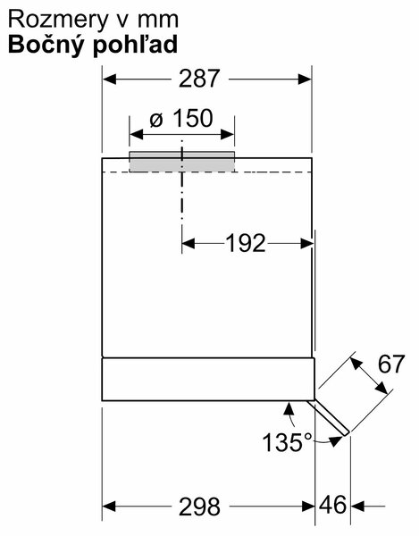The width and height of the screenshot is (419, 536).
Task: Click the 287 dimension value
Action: pyautogui.click(x=198, y=79)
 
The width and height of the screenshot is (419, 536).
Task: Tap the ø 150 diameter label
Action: pyautogui.click(x=181, y=119)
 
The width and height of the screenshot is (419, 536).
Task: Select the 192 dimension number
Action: pyautogui.click(x=246, y=243)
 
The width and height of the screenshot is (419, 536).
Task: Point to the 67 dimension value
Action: pyautogui.click(x=391, y=364)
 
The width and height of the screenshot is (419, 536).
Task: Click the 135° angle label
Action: pyautogui.click(x=288, y=442)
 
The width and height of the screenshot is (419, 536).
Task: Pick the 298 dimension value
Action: pyautogui.click(x=199, y=507)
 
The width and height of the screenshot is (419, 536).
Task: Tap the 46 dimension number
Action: pyautogui.click(x=332, y=506)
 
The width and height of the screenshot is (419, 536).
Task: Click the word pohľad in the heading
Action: pyautogui.click(x=135, y=45)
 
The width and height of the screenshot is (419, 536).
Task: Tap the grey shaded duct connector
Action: pyautogui.click(x=182, y=162)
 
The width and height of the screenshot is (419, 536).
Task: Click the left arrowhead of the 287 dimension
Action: pyautogui.click(x=109, y=80)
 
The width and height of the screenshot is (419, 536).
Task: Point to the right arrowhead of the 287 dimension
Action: pyautogui.click(x=305, y=80)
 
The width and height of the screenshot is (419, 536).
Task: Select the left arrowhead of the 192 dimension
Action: pyautogui.click(x=189, y=244)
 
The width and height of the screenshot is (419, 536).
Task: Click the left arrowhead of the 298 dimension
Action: pyautogui.click(x=109, y=507)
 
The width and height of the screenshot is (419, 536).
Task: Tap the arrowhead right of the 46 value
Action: pyautogui.click(x=357, y=506)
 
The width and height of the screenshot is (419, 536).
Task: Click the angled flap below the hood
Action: pyautogui.click(x=328, y=418)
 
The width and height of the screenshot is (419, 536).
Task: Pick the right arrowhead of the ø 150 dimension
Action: pyautogui.click(x=228, y=135)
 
